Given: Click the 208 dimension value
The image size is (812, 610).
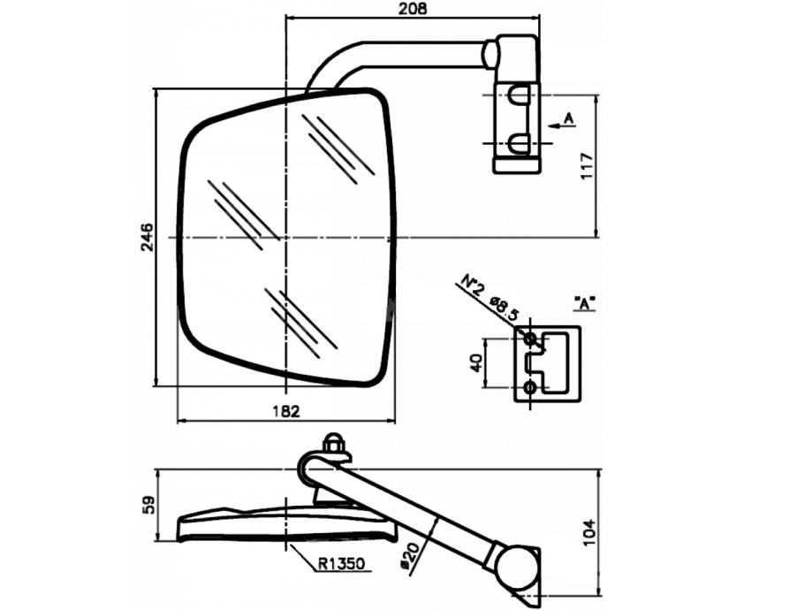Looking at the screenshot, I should click(413, 9).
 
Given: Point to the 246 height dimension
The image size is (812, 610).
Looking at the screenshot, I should click(147, 237).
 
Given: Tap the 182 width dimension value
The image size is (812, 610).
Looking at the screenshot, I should click(286, 411).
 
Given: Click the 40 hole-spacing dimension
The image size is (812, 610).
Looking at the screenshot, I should click(477, 362).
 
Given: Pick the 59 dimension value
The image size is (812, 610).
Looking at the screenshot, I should click(148, 505).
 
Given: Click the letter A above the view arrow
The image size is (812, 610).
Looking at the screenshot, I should click(568, 117).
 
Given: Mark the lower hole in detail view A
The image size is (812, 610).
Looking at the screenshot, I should click(529, 387).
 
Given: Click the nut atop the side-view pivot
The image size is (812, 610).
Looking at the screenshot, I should click(334, 443).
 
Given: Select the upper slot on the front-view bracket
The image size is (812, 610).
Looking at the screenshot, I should click(518, 94).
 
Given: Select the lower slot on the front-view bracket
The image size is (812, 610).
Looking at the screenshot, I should click(518, 142).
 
